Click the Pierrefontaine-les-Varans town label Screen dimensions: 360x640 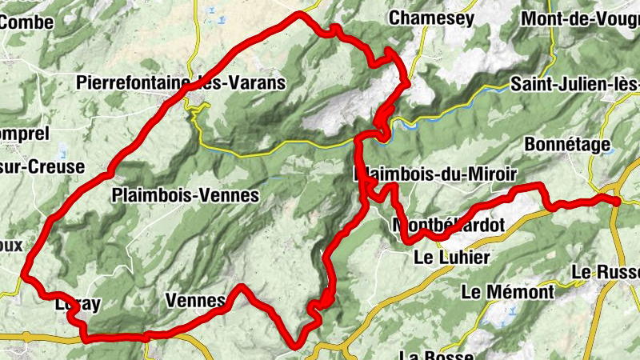pyautogui.click(x=181, y=82)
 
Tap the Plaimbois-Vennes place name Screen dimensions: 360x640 pyautogui.click(x=186, y=195)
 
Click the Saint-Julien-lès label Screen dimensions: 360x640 pyautogui.click(x=574, y=84)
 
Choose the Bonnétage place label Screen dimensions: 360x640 pyautogui.click(x=568, y=144)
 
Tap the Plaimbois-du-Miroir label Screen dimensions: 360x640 pyautogui.click(x=435, y=174)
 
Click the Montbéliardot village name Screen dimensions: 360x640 pyautogui.click(x=450, y=226)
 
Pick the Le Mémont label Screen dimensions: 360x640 pyautogui.click(x=507, y=292)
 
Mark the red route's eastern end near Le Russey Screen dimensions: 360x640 pyautogui.click(x=618, y=202)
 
